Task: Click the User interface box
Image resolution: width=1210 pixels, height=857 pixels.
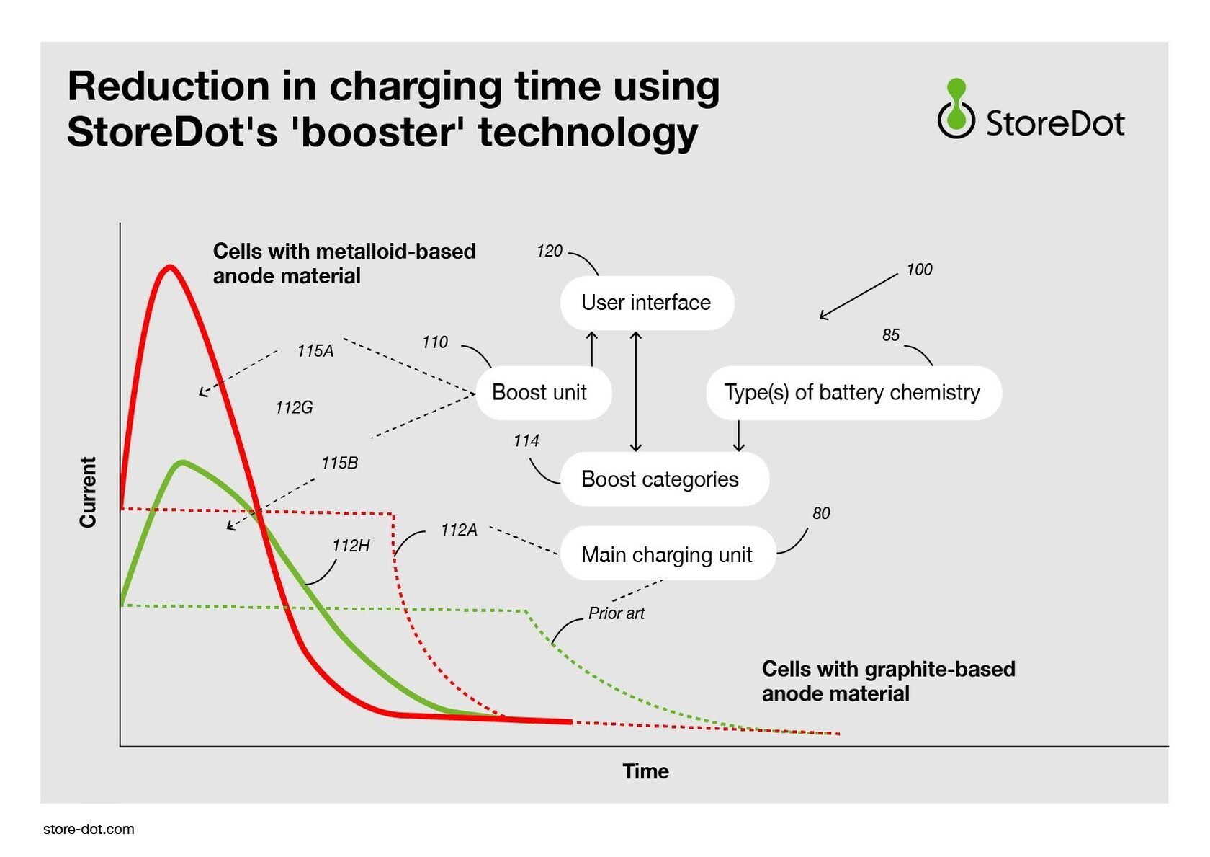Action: [647, 303]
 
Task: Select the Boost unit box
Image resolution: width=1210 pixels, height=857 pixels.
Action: [543, 393]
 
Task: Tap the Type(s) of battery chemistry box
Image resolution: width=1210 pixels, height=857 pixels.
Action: [853, 393]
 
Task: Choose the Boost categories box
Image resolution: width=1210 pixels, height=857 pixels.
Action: [664, 479]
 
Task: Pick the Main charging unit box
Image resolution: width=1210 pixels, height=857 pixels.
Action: [668, 554]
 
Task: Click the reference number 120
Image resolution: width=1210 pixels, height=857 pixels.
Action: [550, 251]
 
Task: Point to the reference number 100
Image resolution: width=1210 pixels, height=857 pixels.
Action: [919, 270]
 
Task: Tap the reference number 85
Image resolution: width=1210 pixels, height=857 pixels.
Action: [891, 334]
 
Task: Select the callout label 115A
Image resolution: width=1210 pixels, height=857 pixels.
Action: [315, 351]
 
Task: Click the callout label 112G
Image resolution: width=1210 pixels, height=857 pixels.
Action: [294, 407]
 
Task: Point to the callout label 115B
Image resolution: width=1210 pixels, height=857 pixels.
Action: [340, 463]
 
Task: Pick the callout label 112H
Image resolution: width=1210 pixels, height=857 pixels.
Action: [351, 546]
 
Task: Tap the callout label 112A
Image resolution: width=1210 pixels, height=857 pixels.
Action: [460, 530]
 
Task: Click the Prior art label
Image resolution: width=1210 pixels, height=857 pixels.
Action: [617, 613]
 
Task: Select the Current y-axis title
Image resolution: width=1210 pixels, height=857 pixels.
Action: [88, 492]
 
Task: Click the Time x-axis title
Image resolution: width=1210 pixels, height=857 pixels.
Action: [645, 771]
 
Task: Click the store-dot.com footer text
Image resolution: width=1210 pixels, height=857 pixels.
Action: [89, 829]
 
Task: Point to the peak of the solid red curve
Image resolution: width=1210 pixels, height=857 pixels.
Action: [170, 266]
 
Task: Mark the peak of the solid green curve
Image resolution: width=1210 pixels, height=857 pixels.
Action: [183, 462]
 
